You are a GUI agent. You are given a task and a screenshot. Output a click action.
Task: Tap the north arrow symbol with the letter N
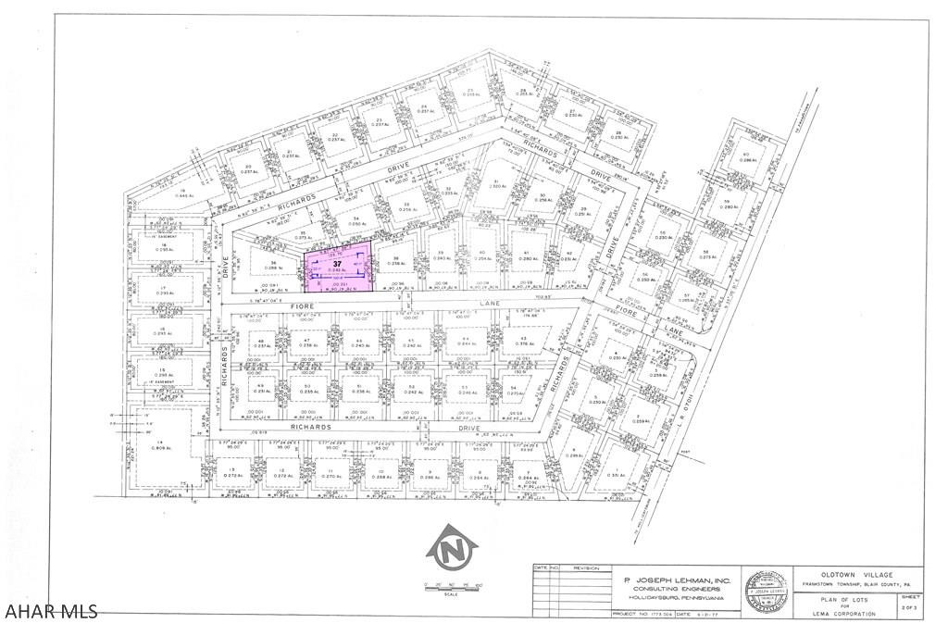pyautogui.click(x=451, y=551)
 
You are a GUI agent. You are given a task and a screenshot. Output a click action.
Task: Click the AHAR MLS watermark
pyautogui.click(x=50, y=611)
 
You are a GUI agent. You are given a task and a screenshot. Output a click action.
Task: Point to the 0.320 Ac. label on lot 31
pyautogui.click(x=497, y=185)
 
